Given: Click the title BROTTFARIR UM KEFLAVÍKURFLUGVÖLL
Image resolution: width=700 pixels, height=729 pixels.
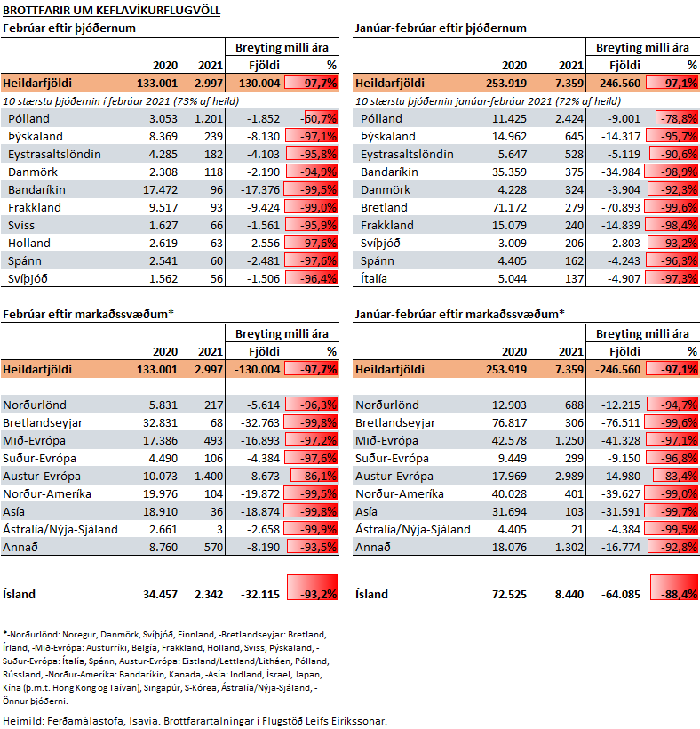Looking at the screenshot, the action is (111, 11).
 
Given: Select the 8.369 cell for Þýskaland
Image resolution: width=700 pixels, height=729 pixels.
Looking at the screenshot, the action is (163, 137).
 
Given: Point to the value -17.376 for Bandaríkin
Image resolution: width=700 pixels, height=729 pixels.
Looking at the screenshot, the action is (260, 190).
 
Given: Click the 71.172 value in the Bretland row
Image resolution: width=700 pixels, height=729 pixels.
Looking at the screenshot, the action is (510, 208).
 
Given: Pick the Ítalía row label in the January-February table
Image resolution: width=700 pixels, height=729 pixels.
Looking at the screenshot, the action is (374, 279).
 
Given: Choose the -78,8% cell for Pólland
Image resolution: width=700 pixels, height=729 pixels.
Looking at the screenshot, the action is (677, 118).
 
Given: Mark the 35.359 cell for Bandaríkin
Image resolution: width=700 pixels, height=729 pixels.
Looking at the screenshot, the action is (510, 172).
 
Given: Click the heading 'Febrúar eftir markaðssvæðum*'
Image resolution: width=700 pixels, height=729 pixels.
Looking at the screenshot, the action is (88, 315).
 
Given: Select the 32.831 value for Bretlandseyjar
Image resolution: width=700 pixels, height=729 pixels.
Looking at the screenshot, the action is (160, 423).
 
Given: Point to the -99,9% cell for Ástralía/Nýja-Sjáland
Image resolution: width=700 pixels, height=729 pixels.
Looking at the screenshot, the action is (311, 530).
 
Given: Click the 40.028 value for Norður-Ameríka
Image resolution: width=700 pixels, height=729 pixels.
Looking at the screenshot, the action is (510, 494).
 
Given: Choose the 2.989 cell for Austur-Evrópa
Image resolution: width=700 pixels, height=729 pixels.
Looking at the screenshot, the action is (569, 477).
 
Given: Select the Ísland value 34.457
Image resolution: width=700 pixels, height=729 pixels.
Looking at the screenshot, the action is (160, 595).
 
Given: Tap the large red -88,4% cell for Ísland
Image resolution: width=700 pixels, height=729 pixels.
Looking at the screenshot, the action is (674, 588).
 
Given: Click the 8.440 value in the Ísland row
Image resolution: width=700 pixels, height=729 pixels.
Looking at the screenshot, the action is (569, 595).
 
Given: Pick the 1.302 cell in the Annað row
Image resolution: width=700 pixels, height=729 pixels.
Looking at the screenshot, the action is (569, 548).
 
